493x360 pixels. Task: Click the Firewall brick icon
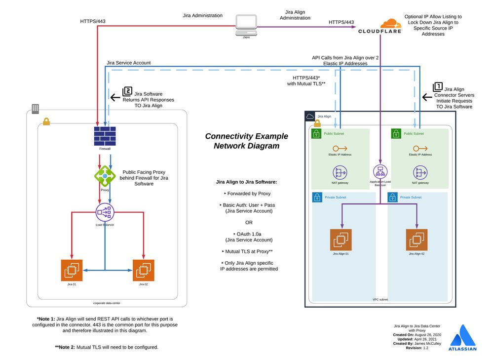click(104, 135)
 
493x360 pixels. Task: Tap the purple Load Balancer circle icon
click(105, 212)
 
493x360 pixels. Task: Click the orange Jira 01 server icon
click(72, 270)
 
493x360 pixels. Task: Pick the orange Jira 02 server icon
click(143, 270)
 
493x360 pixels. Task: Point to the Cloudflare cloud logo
click(391, 23)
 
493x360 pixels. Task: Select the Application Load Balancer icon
click(380, 172)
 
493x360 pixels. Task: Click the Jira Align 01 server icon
click(341, 240)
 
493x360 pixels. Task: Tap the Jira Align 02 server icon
click(417, 240)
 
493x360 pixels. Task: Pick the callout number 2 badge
click(127, 91)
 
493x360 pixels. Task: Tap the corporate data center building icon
click(36, 109)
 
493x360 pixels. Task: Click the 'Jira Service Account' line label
click(128, 63)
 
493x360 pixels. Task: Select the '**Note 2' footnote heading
click(67, 347)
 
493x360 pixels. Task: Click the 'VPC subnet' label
click(380, 299)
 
